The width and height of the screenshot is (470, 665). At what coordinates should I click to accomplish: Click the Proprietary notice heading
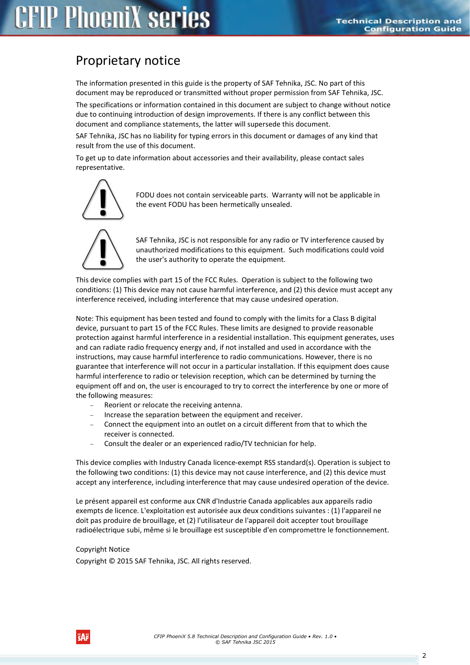tap(128, 61)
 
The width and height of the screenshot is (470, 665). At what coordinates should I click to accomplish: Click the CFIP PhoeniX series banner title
tap(112, 18)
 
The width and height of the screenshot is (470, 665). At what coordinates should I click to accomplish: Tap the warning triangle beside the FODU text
tap(103, 200)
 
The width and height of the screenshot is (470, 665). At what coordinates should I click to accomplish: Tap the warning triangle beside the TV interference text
tap(103, 249)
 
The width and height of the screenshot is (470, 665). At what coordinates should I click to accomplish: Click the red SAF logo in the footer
tap(83, 637)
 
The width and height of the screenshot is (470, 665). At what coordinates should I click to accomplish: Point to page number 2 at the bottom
tap(424, 656)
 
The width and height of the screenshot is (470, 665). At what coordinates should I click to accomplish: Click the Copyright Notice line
tap(103, 549)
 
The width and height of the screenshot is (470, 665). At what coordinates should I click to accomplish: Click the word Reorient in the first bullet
tap(118, 405)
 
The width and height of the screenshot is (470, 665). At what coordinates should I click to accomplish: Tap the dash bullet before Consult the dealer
tap(92, 444)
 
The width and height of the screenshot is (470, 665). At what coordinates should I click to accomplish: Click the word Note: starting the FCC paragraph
tap(84, 318)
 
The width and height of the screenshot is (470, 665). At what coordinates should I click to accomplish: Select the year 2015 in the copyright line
tap(125, 561)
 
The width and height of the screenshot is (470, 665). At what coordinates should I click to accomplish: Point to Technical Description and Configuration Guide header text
tap(398, 25)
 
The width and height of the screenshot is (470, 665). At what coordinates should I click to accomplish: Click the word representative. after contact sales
tap(100, 167)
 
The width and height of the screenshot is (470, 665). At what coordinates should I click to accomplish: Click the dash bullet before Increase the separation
tap(92, 415)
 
